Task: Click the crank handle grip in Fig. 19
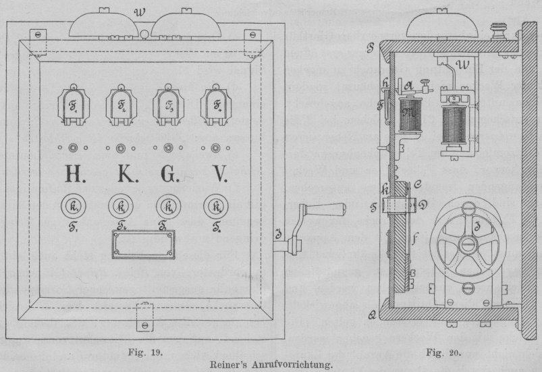[325, 209]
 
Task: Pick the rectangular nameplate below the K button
[142, 244]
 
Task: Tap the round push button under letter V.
[217, 205]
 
